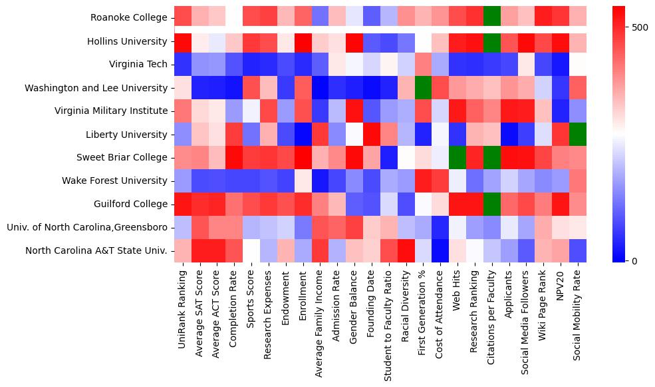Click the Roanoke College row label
point(130,18)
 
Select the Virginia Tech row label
point(138,65)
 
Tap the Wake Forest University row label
point(115,181)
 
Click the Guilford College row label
point(130,204)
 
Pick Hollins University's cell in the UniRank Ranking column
point(183,41)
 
